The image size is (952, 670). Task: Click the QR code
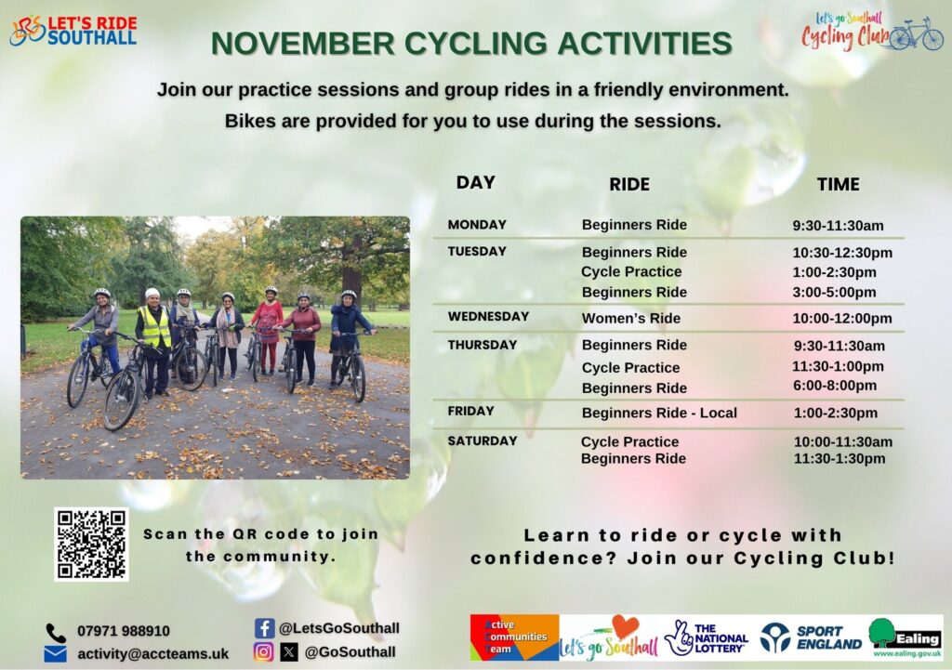click(91, 545)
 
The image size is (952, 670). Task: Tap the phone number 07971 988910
click(124, 631)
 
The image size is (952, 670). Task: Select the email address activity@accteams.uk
click(153, 653)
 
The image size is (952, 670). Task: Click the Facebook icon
click(265, 628)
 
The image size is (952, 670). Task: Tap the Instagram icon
click(263, 651)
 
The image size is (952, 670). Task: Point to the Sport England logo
click(811, 637)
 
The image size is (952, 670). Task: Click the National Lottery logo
click(707, 637)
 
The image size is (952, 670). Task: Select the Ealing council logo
click(906, 637)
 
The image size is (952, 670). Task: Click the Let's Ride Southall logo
click(73, 31)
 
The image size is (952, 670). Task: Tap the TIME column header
click(838, 185)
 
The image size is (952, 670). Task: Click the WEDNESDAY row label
click(488, 316)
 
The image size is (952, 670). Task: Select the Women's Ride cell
click(631, 318)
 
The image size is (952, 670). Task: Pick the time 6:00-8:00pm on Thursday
click(835, 386)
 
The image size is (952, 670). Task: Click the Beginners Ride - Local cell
click(659, 413)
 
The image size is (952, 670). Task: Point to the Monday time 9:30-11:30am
click(838, 226)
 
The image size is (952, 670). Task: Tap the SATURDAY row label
click(483, 441)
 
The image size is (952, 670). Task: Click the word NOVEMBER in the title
click(303, 44)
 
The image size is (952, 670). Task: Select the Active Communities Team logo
click(514, 637)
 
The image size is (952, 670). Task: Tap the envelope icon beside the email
click(56, 653)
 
